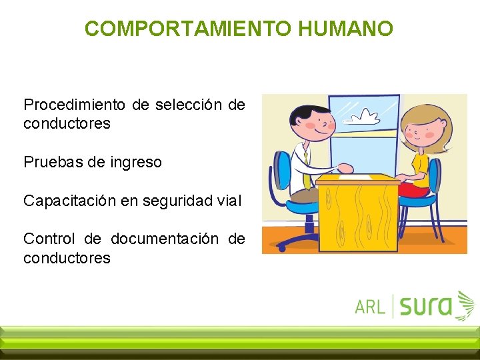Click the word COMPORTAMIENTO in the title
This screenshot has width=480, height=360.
[x=189, y=29]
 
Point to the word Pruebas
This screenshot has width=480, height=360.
[x=53, y=162]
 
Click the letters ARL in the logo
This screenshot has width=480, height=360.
[x=370, y=306]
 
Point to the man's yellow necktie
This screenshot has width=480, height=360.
[x=305, y=167]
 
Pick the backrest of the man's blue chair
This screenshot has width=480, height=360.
[x=283, y=171]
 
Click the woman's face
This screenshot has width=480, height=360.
[x=421, y=131]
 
